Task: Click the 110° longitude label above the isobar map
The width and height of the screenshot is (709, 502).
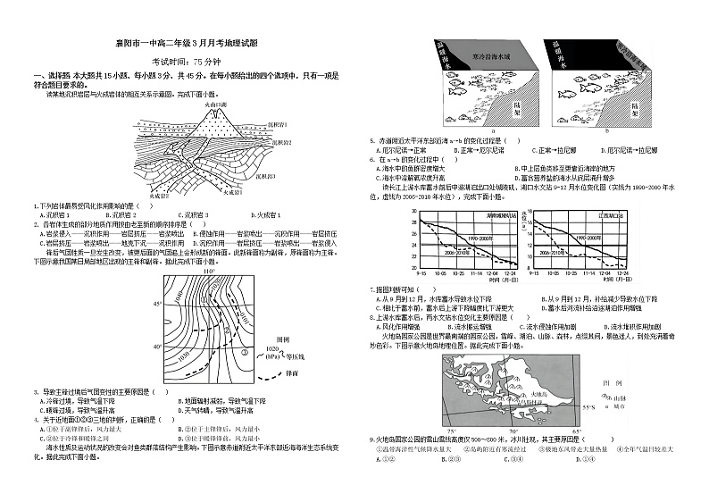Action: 210,272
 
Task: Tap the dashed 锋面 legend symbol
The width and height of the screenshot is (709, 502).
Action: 269,373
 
